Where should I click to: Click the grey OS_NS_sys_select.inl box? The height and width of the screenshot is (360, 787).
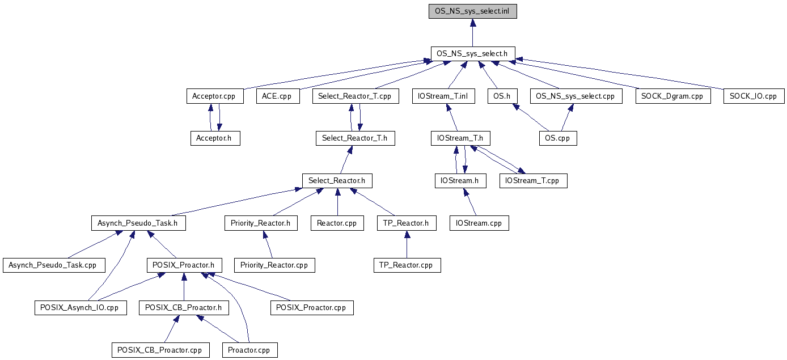click(472, 11)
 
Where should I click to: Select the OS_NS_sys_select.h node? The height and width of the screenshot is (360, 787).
click(473, 54)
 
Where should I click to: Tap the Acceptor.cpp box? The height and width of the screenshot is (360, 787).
click(215, 96)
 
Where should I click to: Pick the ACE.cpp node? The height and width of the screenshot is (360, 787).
click(278, 96)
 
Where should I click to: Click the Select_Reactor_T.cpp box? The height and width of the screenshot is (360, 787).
click(356, 96)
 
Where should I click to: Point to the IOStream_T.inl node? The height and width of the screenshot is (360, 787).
click(444, 96)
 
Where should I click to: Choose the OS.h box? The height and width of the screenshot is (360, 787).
click(502, 96)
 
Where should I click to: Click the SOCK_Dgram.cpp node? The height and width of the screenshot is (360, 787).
click(673, 96)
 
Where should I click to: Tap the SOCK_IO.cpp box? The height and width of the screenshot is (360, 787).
click(754, 96)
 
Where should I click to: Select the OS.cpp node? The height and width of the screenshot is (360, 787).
click(558, 138)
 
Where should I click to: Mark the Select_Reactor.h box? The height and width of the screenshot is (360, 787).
click(337, 181)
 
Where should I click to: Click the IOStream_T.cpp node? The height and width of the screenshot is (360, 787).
click(534, 181)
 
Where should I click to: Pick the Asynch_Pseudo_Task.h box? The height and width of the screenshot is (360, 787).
click(138, 223)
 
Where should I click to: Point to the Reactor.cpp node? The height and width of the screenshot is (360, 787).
click(337, 223)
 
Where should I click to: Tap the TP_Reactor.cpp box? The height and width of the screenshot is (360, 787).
click(407, 265)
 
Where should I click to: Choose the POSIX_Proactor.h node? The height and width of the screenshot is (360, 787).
click(184, 265)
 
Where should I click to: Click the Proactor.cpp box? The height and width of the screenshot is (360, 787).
click(250, 350)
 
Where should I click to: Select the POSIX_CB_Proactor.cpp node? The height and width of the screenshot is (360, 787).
click(160, 350)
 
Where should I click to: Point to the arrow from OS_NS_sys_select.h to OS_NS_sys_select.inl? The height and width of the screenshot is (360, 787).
click(473, 33)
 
